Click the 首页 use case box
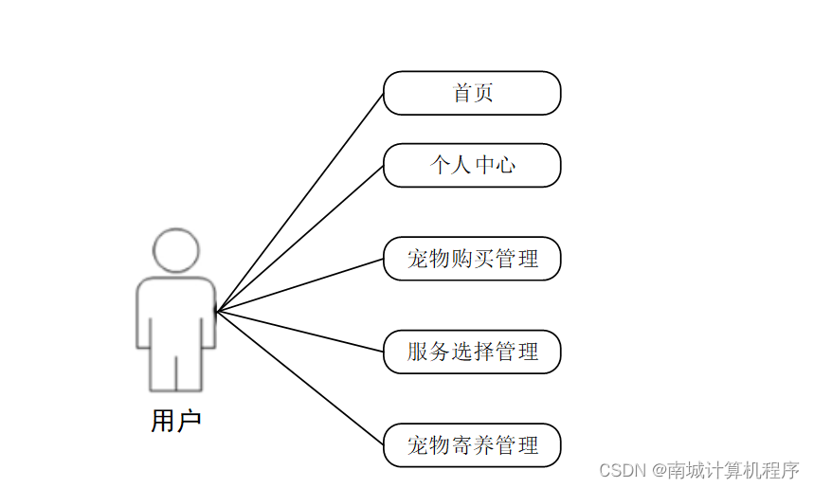click(x=472, y=93)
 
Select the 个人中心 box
click(x=472, y=166)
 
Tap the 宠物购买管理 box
click(x=472, y=259)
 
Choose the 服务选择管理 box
click(x=472, y=352)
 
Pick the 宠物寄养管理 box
click(x=472, y=444)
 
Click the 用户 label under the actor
click(x=176, y=421)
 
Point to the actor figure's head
click(x=176, y=250)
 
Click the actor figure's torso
click(x=176, y=313)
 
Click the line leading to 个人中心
click(x=299, y=239)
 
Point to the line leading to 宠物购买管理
click(x=299, y=285)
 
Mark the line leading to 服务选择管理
click(x=299, y=332)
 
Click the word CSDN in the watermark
click(x=622, y=470)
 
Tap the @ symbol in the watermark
click(x=657, y=470)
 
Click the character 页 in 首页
click(x=483, y=93)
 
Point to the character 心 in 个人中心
click(x=506, y=166)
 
